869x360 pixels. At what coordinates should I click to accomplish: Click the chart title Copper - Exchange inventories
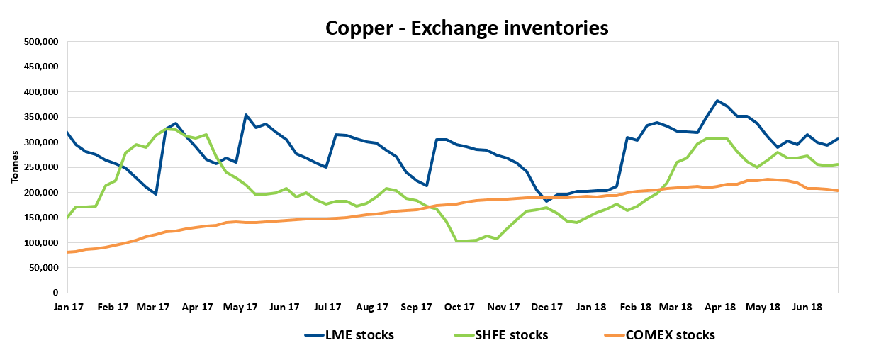(x=466, y=28)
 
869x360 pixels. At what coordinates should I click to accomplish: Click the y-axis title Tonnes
(x=14, y=167)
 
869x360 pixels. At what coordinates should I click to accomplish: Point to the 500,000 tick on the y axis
(x=41, y=42)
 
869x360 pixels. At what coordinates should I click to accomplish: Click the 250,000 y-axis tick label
(x=41, y=167)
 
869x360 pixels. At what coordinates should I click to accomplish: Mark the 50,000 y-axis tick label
(x=43, y=268)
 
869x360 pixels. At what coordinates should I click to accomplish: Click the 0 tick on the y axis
(x=55, y=293)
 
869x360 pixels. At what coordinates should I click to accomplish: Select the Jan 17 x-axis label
(x=68, y=308)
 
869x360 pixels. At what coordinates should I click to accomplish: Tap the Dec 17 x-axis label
(x=546, y=308)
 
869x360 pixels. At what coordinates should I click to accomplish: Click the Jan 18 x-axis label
(x=590, y=308)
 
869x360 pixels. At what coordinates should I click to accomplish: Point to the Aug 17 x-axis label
(x=372, y=308)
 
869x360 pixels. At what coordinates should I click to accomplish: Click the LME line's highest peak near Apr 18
(x=717, y=101)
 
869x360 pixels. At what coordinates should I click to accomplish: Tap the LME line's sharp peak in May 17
(x=245, y=115)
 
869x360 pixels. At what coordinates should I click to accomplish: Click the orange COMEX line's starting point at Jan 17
(x=67, y=252)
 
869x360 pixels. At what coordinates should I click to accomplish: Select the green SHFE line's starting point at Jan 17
(x=67, y=217)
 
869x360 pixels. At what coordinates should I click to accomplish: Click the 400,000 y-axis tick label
(x=41, y=92)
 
